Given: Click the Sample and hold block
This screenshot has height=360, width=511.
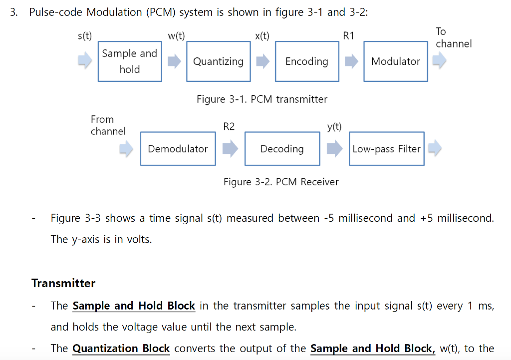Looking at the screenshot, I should (x=130, y=61).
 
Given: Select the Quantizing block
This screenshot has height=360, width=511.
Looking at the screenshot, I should (x=218, y=61).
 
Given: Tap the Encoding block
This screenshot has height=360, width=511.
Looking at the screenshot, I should (x=306, y=61).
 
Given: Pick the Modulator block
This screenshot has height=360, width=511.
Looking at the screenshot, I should (x=395, y=61).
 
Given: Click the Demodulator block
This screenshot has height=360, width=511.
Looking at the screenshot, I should (x=178, y=149).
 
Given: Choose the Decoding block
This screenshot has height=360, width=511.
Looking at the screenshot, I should (x=282, y=149).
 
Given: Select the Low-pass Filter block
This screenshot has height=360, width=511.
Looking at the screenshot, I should (x=386, y=149).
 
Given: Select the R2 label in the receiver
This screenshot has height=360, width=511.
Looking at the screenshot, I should (x=229, y=127).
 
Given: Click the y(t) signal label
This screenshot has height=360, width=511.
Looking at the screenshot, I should (x=334, y=127).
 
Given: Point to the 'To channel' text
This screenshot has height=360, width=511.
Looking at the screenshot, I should (x=453, y=38).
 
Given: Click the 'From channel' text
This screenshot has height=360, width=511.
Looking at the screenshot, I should (x=107, y=125).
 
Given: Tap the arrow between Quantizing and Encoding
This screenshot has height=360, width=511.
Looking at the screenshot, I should (x=262, y=61).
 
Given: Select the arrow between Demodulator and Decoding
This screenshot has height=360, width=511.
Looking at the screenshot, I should (x=230, y=149).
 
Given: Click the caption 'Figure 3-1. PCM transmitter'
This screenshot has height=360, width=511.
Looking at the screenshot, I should (x=262, y=99).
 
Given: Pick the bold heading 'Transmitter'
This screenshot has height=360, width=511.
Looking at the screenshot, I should (x=63, y=283).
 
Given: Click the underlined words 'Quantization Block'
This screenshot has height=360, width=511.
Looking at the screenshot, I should (x=121, y=349).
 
